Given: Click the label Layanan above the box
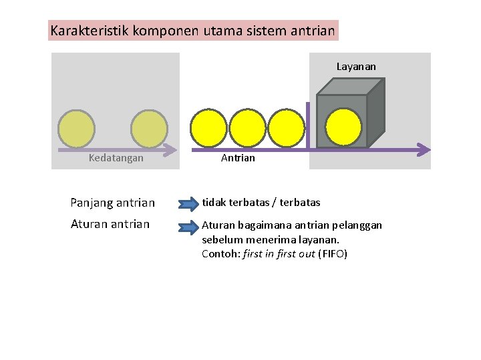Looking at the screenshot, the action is pos(356,67).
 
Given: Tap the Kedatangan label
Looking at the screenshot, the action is pos(116,158).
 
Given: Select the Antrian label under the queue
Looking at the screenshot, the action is pos(238,158).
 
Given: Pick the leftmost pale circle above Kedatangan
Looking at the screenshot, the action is pos(76,129).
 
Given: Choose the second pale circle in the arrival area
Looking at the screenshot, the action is pos(149,129).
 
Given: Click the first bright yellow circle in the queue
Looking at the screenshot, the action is pos(209,127).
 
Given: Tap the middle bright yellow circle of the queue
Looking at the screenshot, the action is pos(248,127).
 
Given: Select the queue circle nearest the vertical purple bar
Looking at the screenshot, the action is pos(286,127).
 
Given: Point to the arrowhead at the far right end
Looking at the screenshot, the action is pos(424,150).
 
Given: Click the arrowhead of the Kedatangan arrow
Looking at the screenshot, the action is pos(170,150).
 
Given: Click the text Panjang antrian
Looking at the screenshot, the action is pos(113,203).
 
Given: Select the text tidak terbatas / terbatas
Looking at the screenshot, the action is pos(261,202).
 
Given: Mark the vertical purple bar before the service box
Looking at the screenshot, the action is pos(308,126).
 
